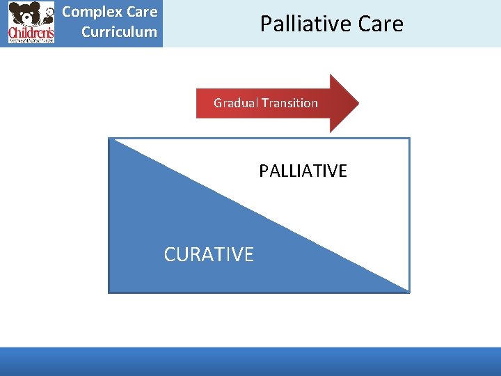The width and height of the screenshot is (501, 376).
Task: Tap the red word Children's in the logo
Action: coord(31,33)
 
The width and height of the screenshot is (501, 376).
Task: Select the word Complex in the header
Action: coord(88,13)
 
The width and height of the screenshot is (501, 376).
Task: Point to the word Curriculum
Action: coord(119,32)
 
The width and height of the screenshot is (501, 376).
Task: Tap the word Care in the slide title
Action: coord(381,24)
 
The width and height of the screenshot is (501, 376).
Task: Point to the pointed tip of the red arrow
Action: coord(358,103)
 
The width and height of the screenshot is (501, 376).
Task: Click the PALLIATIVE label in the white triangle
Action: coord(303,171)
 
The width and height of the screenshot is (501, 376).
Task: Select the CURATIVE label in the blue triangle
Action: coord(209,254)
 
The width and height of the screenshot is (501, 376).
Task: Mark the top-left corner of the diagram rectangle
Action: coord(109,139)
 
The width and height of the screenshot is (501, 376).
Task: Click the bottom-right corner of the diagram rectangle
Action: coord(408,291)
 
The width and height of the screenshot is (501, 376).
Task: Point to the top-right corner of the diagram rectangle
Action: coord(408,139)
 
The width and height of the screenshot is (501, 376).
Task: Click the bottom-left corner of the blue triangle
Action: coord(110,291)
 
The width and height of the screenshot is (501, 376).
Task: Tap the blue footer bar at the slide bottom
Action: coord(250,361)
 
